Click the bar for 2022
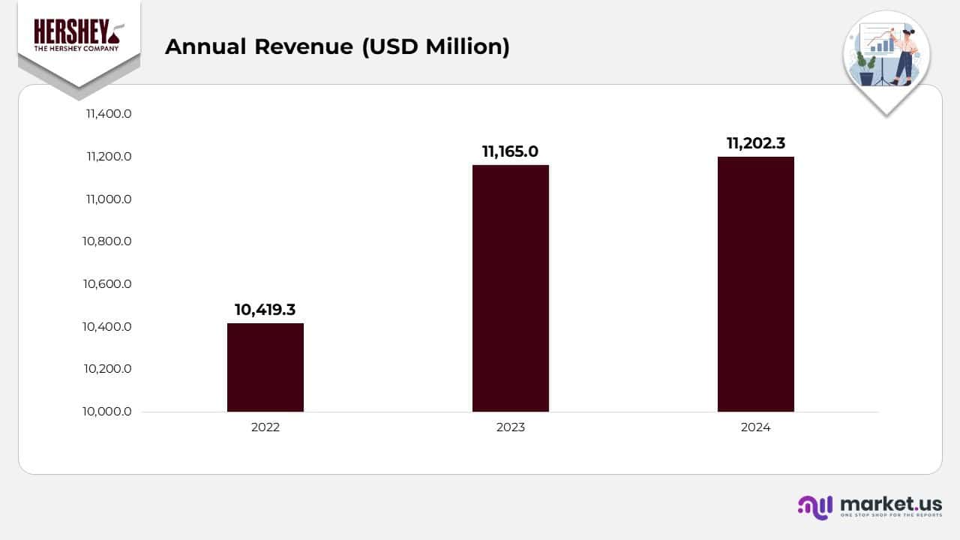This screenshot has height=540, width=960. pyautogui.click(x=265, y=367)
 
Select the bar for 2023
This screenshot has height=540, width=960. pyautogui.click(x=511, y=288)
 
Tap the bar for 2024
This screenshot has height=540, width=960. pyautogui.click(x=755, y=284)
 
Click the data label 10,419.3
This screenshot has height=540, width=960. pyautogui.click(x=265, y=310)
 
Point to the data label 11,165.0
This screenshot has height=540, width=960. pyautogui.click(x=510, y=151)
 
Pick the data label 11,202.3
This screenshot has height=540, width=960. pyautogui.click(x=755, y=143)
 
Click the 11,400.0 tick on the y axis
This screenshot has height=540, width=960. pyautogui.click(x=109, y=114)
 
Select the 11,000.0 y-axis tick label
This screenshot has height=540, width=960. pyautogui.click(x=109, y=199)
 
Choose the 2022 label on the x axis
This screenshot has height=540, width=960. pyautogui.click(x=265, y=427)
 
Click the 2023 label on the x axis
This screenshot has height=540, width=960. pyautogui.click(x=511, y=427)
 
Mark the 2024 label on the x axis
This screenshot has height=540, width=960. pyautogui.click(x=755, y=427)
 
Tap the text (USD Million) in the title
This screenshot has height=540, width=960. pyautogui.click(x=436, y=46)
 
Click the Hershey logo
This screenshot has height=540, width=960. pyautogui.click(x=79, y=36)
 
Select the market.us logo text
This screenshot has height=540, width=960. pyautogui.click(x=891, y=503)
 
